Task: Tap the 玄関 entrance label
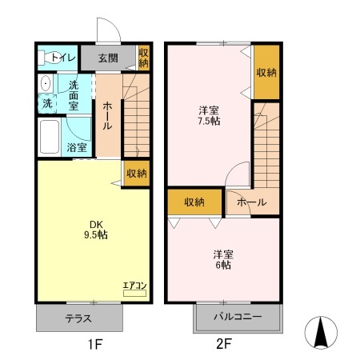coord(110,57)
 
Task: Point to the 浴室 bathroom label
coord(77,147)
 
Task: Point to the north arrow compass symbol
coord(321,333)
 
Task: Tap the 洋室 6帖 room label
coord(223,259)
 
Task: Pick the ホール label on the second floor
coord(251,202)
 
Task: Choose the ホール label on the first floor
coord(107,115)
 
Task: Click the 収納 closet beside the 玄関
coord(143,57)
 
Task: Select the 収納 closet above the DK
coord(137,173)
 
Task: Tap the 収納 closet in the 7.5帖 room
coord(266,72)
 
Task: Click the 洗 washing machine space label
coord(47,103)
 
